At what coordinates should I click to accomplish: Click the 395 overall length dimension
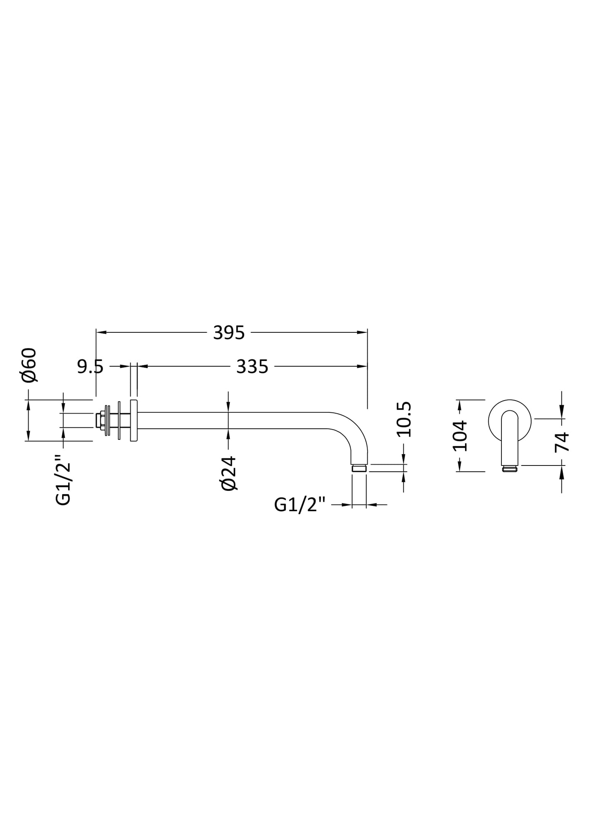(x=229, y=333)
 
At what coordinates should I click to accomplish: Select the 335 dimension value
(x=252, y=367)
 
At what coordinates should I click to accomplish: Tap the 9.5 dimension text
(x=90, y=367)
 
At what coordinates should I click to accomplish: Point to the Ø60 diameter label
(x=30, y=365)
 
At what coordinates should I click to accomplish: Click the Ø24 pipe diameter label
(x=228, y=473)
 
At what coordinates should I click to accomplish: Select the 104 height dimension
(x=460, y=435)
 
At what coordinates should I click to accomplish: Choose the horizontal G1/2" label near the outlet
(x=300, y=505)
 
